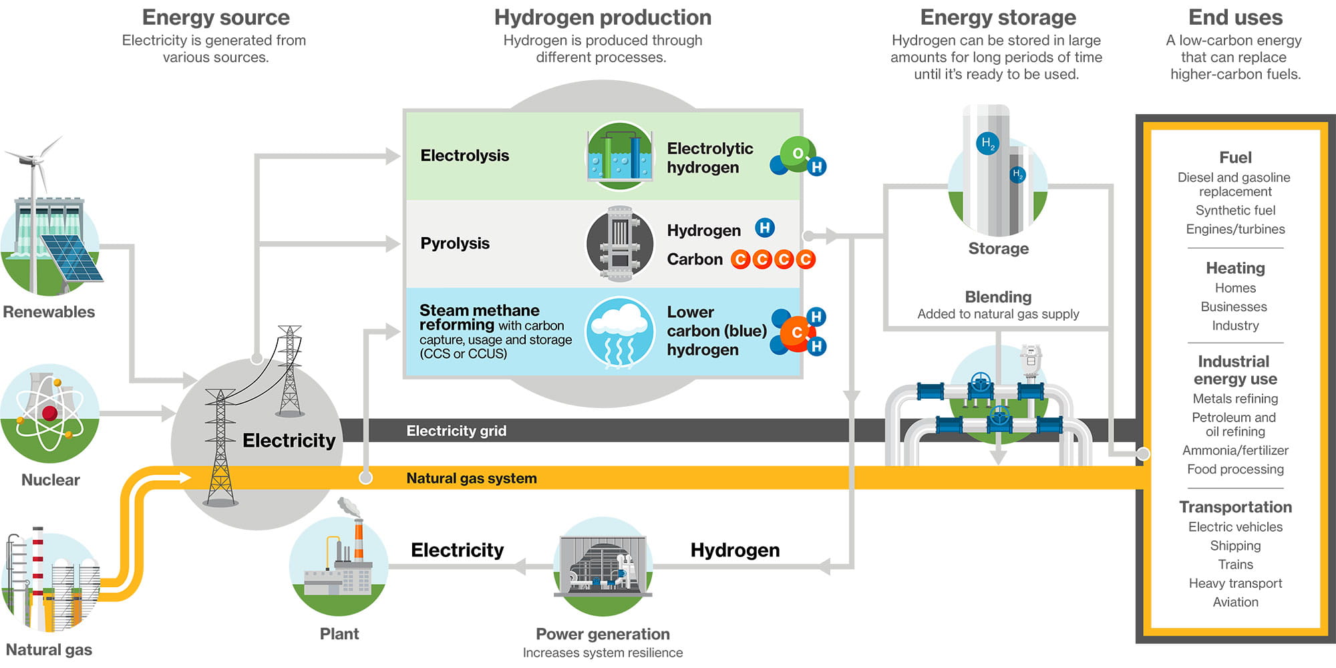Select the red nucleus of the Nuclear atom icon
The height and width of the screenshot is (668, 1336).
pyautogui.click(x=49, y=413)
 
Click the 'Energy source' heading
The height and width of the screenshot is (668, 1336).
pyautogui.click(x=216, y=17)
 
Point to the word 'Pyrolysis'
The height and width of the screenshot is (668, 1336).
pyautogui.click(x=455, y=243)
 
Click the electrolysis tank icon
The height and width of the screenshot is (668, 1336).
pyautogui.click(x=619, y=156)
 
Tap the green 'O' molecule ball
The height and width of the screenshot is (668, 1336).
pyautogui.click(x=798, y=153)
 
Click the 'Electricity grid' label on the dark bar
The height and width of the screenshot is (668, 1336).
pyautogui.click(x=456, y=431)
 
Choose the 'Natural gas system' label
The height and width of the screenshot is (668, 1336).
pyautogui.click(x=471, y=478)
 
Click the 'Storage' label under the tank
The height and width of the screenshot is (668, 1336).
pyautogui.click(x=998, y=248)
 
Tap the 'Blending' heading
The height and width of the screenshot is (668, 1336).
pyautogui.click(x=998, y=297)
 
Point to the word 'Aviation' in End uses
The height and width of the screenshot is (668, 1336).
pyautogui.click(x=1235, y=602)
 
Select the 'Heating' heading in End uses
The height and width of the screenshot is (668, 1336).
pyautogui.click(x=1235, y=268)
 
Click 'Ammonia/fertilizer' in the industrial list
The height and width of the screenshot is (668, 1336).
pyautogui.click(x=1235, y=450)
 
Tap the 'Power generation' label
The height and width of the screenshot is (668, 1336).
pyautogui.click(x=603, y=634)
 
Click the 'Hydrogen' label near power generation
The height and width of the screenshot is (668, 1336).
pyautogui.click(x=735, y=550)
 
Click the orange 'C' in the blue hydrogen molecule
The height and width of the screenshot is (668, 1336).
pyautogui.click(x=796, y=332)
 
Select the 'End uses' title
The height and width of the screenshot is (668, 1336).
pyautogui.click(x=1235, y=17)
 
